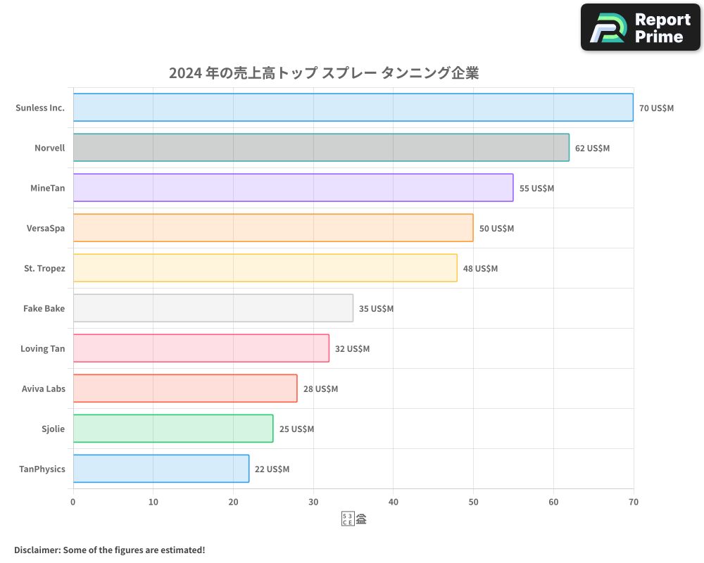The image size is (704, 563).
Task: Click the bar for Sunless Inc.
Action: (x=353, y=108)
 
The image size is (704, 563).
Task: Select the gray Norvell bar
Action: (x=321, y=148)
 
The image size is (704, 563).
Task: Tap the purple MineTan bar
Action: (x=293, y=188)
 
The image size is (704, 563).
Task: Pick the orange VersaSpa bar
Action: (x=273, y=228)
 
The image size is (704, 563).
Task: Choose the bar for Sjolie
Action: (x=173, y=429)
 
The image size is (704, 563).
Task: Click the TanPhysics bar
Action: (x=161, y=469)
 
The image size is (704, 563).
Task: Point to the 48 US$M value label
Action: (x=480, y=269)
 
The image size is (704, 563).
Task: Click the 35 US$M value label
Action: (x=376, y=309)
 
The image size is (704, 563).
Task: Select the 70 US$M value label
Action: (x=656, y=108)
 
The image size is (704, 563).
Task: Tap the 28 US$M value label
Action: (x=320, y=389)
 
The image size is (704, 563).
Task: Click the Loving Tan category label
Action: (x=43, y=349)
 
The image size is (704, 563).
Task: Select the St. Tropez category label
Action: (x=44, y=269)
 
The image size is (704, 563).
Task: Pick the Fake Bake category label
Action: (x=44, y=309)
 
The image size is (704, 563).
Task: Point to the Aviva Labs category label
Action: (x=44, y=389)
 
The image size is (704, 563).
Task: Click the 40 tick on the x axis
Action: (x=394, y=502)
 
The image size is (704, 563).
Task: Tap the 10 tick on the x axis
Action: (x=153, y=502)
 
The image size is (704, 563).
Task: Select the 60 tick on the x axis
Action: (x=553, y=502)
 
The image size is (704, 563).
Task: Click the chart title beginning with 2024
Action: (x=324, y=73)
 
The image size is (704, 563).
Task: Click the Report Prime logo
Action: (x=640, y=27)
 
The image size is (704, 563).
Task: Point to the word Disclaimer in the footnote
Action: (x=36, y=550)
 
